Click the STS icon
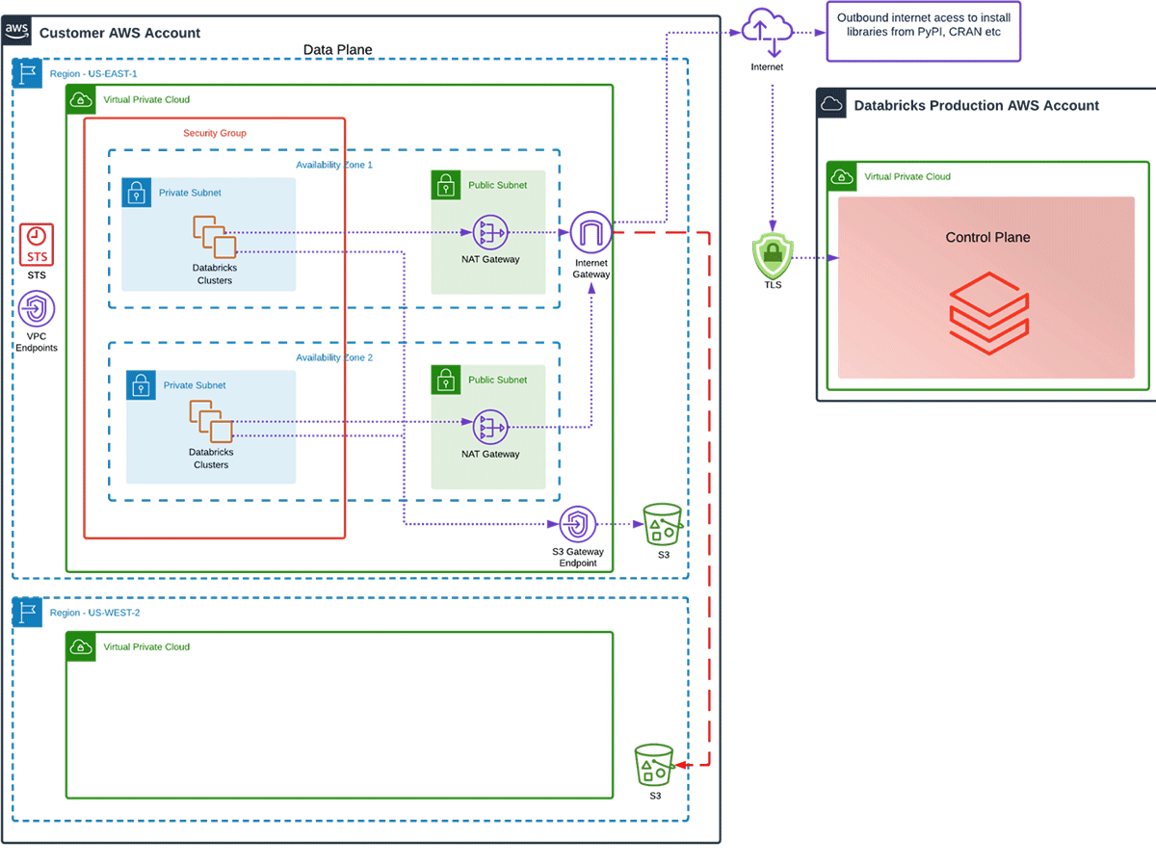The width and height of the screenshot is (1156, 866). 38,245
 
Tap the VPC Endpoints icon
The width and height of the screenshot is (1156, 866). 37,310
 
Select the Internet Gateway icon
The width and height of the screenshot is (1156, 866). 591,233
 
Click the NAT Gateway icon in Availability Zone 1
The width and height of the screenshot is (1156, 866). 490,232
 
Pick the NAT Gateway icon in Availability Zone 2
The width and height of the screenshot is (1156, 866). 490,427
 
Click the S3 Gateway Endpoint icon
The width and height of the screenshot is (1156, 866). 578,525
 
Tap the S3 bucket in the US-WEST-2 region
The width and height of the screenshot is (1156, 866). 654,765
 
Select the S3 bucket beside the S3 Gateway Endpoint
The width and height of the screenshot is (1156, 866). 663,525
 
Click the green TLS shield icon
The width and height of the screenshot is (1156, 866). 772,257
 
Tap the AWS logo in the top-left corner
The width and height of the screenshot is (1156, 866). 17,31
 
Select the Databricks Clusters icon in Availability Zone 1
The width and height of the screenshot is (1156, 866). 213,237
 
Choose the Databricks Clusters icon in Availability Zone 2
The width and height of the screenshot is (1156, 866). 211,422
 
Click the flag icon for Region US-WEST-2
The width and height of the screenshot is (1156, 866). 27,613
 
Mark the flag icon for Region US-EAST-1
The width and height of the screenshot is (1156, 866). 27,73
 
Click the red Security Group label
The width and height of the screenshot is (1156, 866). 215,133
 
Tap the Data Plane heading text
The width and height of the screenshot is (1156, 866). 337,50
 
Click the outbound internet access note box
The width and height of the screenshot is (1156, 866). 922,32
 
